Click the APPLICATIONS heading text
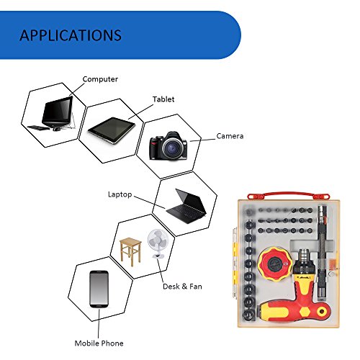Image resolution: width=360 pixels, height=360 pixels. coord(71,35)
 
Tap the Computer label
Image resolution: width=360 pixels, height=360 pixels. coord(100,79)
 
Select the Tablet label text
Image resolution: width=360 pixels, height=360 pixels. coord(163,99)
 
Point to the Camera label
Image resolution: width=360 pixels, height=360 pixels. coord(230,136)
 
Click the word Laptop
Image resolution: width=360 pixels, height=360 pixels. coord(120,194)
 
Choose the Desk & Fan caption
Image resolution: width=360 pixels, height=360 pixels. coord(182,287)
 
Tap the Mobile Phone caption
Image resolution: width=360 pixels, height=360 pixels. coord(99,343)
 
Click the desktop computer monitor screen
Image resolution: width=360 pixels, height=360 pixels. coord(58,110)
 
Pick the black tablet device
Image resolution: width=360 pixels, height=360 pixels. coord(112,130)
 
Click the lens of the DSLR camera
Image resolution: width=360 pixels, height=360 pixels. coord(172,148)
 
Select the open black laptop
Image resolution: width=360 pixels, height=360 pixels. coord(186,207)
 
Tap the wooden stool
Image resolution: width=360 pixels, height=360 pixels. coord(130,252)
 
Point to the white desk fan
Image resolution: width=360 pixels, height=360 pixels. coord(158,243)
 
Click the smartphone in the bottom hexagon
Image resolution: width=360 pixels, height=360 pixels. coord(99,289)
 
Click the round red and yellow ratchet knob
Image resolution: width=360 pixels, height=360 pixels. coord(275,265)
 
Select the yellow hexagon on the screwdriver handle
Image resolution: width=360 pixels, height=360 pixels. coord(305,312)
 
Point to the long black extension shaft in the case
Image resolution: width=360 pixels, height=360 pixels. coord(322,253)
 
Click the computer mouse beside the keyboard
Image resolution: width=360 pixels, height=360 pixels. coord(57,129)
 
